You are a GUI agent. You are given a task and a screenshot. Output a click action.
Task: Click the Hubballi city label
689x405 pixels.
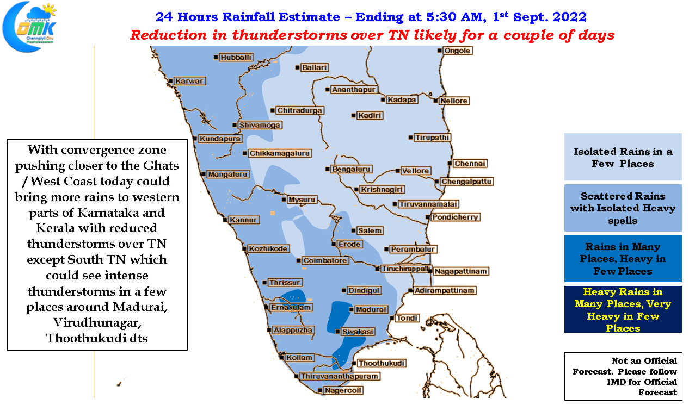pyautogui.click(x=236, y=58)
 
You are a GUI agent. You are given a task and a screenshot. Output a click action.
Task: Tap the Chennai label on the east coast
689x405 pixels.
pyautogui.click(x=470, y=164)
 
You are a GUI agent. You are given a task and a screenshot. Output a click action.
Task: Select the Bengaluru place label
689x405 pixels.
pyautogui.click(x=351, y=169)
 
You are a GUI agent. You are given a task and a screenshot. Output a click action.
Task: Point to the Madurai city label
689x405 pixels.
pyautogui.click(x=371, y=309)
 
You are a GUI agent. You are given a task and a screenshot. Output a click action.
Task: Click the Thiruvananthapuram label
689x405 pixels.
pyautogui.click(x=339, y=376)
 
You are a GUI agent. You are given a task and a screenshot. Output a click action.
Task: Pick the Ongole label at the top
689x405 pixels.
pyautogui.click(x=457, y=51)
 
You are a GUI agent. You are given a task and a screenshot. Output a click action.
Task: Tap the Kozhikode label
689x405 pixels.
pyautogui.click(x=268, y=248)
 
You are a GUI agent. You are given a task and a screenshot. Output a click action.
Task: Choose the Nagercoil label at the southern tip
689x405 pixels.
pyautogui.click(x=343, y=390)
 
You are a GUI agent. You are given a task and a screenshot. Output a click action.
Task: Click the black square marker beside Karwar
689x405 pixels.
pyautogui.click(x=170, y=81)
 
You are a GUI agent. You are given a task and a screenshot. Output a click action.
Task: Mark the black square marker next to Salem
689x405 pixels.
pyautogui.click(x=354, y=230)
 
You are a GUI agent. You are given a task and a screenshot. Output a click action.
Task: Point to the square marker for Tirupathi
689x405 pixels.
pyautogui.click(x=411, y=138)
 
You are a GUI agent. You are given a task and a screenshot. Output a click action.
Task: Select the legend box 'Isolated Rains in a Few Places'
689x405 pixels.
pyautogui.click(x=623, y=157)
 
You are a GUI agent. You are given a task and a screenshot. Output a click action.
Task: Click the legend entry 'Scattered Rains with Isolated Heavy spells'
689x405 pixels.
pyautogui.click(x=623, y=208)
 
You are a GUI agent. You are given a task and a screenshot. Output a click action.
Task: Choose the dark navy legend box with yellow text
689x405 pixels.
pyautogui.click(x=623, y=309)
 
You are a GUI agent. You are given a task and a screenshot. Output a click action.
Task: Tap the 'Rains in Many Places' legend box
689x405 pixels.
pyautogui.click(x=623, y=258)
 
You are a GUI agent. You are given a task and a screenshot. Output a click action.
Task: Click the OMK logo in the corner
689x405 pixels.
pyautogui.click(x=30, y=27)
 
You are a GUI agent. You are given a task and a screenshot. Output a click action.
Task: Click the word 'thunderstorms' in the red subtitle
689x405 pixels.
pyautogui.click(x=290, y=35)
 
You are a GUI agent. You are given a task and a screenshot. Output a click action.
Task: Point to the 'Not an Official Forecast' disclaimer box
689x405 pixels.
pyautogui.click(x=623, y=376)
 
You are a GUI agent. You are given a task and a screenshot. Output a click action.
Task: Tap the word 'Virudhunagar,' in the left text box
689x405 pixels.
pyautogui.click(x=97, y=323)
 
